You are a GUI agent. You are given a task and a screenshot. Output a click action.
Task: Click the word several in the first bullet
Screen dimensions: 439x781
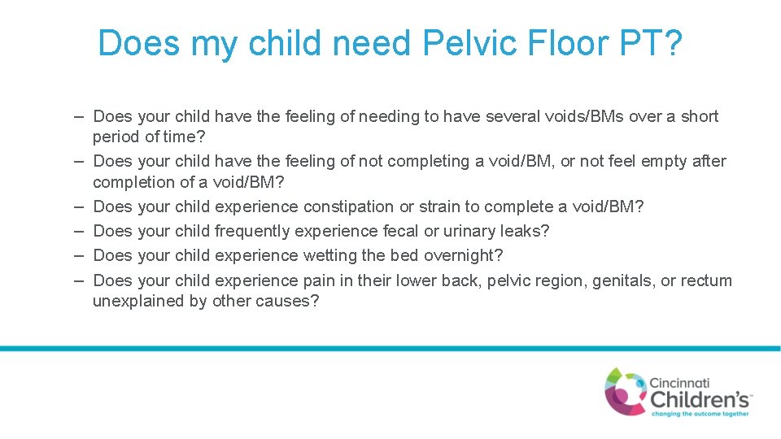click(514, 116)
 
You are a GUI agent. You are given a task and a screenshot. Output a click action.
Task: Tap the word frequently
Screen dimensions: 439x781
click(252, 231)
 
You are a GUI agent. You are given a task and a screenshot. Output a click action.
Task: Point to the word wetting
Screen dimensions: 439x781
click(330, 255)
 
